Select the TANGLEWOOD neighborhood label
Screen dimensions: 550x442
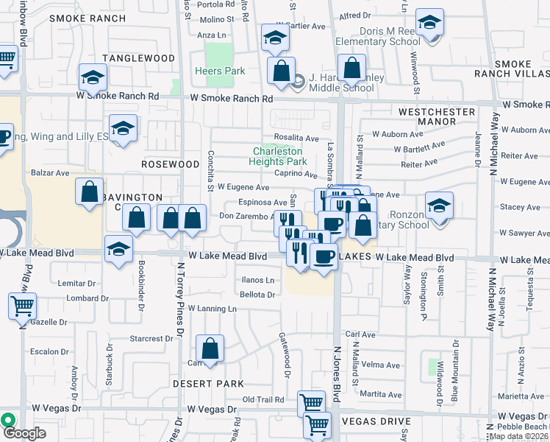click(139, 58)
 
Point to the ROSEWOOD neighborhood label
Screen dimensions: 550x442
click(171, 164)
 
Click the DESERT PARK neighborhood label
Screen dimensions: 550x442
click(208, 384)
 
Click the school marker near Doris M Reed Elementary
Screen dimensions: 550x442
click(429, 23)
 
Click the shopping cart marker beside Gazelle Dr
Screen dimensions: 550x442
click(23, 305)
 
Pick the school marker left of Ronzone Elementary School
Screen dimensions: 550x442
click(439, 205)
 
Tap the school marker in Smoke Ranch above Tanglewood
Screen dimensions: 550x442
click(93, 77)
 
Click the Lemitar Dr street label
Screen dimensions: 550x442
click(76, 283)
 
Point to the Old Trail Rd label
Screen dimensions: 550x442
click(263, 400)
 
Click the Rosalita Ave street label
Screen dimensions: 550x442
click(296, 138)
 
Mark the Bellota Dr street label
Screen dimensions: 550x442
click(257, 295)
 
